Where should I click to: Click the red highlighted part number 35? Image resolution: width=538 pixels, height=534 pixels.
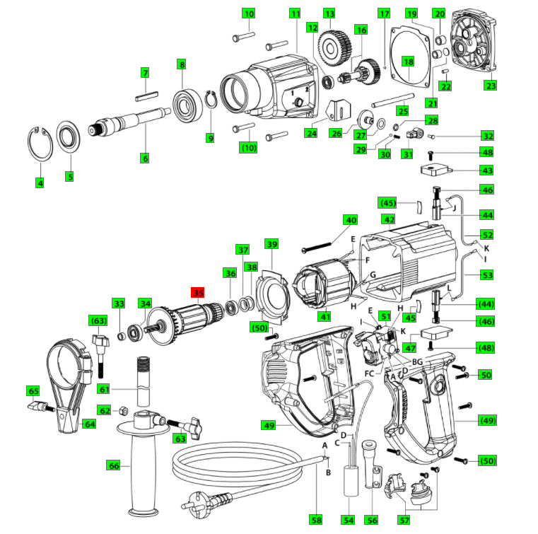[x=197, y=291]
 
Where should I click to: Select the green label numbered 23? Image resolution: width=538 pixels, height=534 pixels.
[x=490, y=86]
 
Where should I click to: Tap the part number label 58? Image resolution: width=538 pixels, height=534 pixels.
[x=315, y=520]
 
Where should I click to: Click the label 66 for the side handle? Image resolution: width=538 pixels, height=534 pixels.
[x=114, y=465]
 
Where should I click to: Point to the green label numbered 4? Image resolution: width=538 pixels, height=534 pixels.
[x=40, y=183]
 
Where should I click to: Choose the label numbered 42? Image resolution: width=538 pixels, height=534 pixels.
[x=389, y=219]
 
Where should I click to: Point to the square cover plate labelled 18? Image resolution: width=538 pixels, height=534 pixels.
[x=409, y=60]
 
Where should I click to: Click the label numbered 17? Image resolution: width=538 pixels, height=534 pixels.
[x=384, y=13]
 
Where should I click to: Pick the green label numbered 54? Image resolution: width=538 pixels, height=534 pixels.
[x=348, y=520]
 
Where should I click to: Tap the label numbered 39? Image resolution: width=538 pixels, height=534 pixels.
[x=272, y=244]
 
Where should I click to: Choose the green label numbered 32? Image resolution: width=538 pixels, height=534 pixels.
[x=487, y=135]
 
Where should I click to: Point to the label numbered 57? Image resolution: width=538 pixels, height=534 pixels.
[x=404, y=520]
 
